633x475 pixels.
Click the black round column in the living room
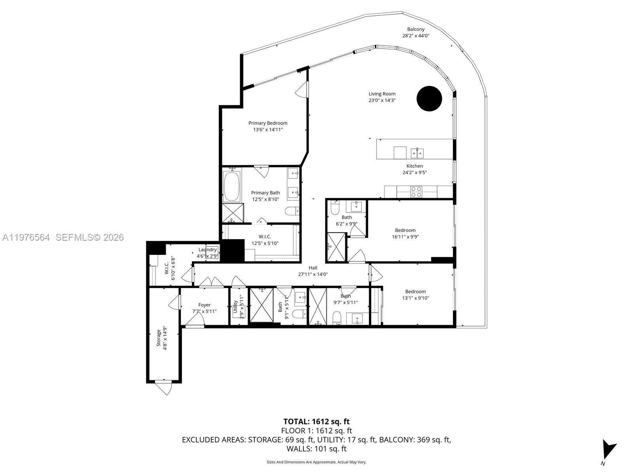(x=429, y=99)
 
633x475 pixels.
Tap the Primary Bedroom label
(x=268, y=123)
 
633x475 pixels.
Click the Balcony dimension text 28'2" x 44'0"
(x=415, y=36)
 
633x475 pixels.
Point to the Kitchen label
(x=415, y=166)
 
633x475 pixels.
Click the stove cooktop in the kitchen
(x=416, y=192)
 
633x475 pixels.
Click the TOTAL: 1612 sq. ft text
(x=316, y=422)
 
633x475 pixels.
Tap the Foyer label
(x=205, y=305)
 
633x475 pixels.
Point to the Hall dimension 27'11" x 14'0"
(x=313, y=274)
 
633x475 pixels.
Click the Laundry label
(x=207, y=250)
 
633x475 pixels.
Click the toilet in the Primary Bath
(x=292, y=211)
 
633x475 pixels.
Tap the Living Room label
(x=382, y=94)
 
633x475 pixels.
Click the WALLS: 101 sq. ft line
(x=316, y=449)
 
